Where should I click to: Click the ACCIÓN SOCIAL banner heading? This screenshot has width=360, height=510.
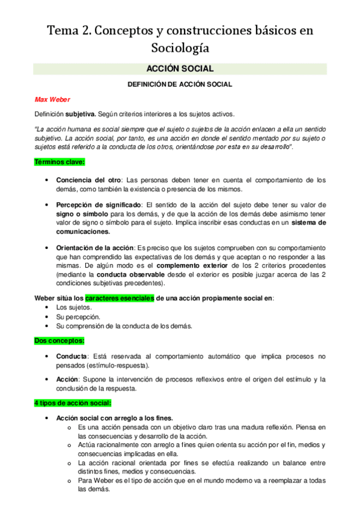[x=180, y=69]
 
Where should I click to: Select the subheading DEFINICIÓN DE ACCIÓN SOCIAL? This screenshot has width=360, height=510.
[x=180, y=85]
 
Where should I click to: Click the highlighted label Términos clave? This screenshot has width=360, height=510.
[x=59, y=162]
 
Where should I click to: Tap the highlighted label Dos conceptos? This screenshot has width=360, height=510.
[x=58, y=340]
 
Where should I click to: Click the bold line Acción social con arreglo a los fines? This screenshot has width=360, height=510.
[x=114, y=418]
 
